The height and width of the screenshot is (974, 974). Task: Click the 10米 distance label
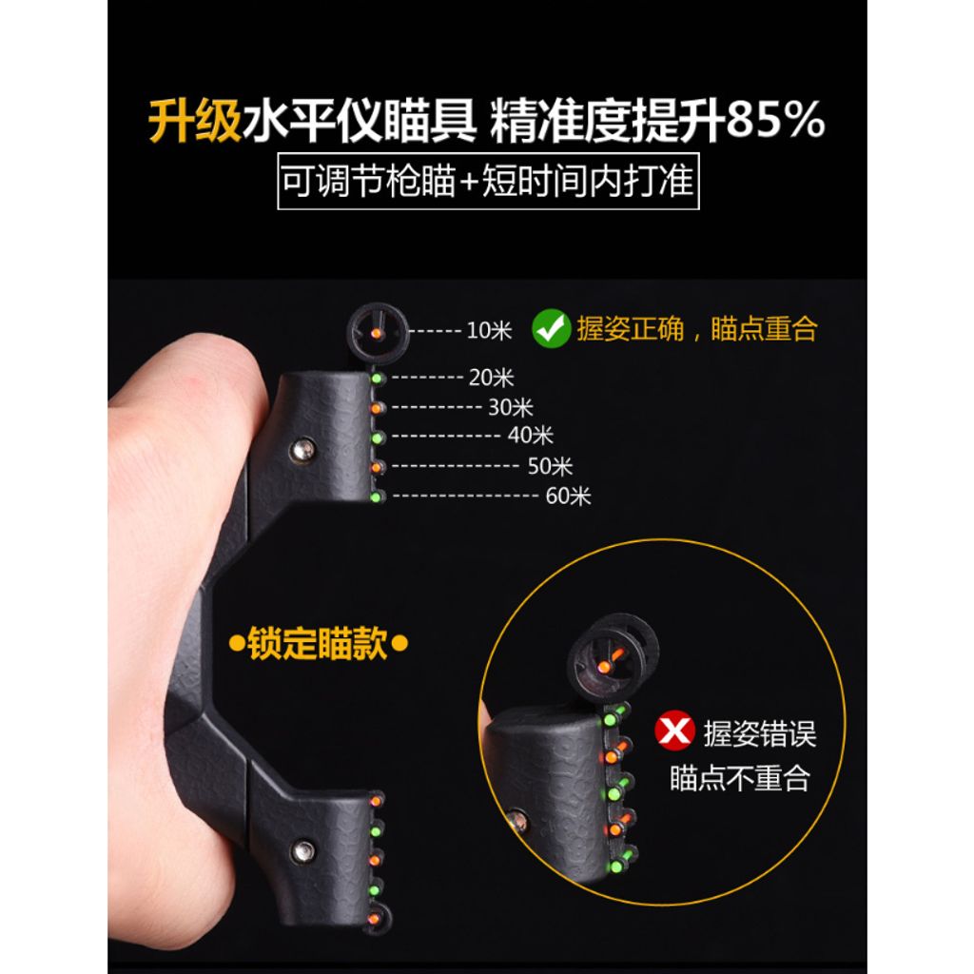[489, 330]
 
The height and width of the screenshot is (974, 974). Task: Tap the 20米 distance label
[492, 378]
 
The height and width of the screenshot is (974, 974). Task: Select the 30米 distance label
[511, 407]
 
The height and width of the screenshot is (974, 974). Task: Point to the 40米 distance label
[530, 436]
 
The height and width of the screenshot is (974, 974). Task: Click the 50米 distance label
[550, 466]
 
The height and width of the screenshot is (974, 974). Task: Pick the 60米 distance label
[569, 496]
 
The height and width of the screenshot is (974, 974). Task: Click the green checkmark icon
[551, 328]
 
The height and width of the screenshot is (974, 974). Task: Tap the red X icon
[674, 730]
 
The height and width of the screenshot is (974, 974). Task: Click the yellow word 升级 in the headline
[194, 121]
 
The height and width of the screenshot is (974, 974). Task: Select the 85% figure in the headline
[776, 120]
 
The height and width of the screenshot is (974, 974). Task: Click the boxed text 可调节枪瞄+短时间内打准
[488, 181]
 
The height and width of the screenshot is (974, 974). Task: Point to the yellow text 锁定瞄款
[318, 644]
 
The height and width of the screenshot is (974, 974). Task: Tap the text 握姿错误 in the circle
[760, 733]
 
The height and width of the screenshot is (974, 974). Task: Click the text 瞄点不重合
[740, 778]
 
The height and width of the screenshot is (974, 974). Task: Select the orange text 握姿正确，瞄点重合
[697, 328]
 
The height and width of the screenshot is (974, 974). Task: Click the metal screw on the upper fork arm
[302, 450]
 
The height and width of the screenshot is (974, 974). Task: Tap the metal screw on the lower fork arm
[303, 851]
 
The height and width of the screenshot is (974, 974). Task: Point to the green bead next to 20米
[377, 378]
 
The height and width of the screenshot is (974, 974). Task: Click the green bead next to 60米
[376, 497]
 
